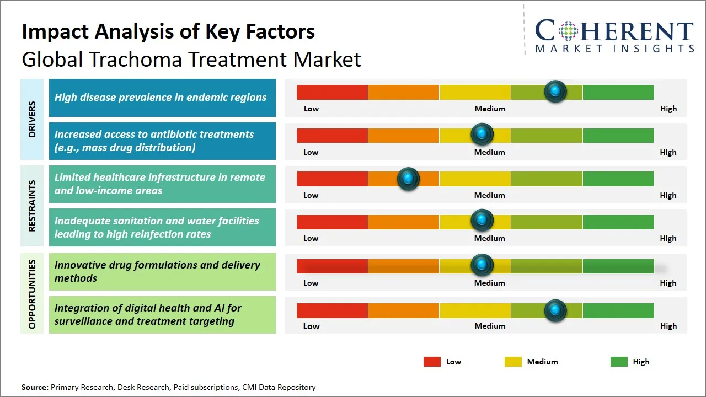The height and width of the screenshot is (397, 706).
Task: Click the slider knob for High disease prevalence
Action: (555, 91)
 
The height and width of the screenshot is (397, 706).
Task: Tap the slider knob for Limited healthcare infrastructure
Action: (408, 179)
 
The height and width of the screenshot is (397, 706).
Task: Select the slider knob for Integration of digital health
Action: (555, 310)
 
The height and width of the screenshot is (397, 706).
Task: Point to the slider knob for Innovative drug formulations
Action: (482, 265)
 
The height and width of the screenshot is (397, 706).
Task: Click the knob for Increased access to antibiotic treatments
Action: (482, 134)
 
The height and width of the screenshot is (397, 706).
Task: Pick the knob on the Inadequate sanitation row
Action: (482, 220)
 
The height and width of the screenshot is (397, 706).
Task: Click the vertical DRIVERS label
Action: (32, 119)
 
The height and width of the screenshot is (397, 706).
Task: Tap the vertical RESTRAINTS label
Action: (32, 206)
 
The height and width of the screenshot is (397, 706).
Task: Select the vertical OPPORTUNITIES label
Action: (32, 294)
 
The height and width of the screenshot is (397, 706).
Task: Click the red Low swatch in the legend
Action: (432, 362)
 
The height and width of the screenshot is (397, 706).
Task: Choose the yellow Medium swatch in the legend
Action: (513, 362)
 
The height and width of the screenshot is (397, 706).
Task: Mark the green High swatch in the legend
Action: (619, 362)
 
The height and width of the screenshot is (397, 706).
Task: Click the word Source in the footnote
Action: (35, 387)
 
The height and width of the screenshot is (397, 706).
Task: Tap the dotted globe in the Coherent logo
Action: (568, 31)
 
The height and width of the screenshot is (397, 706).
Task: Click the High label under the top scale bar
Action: (668, 109)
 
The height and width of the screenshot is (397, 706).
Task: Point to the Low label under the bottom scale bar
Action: (311, 326)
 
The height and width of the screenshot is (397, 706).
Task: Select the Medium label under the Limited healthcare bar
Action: (489, 195)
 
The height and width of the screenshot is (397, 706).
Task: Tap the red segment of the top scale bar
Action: (332, 92)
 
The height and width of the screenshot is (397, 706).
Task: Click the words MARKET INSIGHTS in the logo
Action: (614, 49)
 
